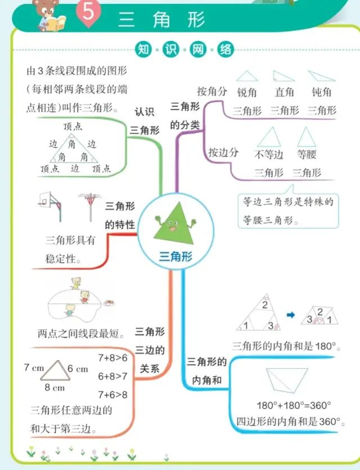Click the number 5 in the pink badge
(88, 12)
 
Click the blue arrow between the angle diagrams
(291, 315)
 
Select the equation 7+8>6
(112, 357)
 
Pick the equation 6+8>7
(112, 375)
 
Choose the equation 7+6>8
(112, 394)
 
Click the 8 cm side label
(55, 387)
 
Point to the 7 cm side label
(34, 368)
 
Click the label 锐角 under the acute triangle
(247, 92)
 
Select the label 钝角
(321, 92)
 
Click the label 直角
(284, 92)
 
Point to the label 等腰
(307, 154)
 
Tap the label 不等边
(269, 154)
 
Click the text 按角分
(212, 91)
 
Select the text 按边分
(223, 152)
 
